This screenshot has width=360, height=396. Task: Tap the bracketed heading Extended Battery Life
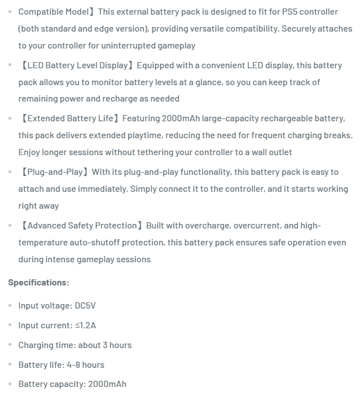coord(70,118)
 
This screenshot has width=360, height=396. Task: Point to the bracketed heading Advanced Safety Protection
coord(82,226)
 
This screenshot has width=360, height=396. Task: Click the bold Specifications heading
coord(38,282)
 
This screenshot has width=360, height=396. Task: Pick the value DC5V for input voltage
coord(85,306)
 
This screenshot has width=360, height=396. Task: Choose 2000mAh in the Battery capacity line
coord(107,384)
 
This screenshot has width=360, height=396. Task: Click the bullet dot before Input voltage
coord(10,306)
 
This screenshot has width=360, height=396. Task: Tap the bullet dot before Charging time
coord(10,345)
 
